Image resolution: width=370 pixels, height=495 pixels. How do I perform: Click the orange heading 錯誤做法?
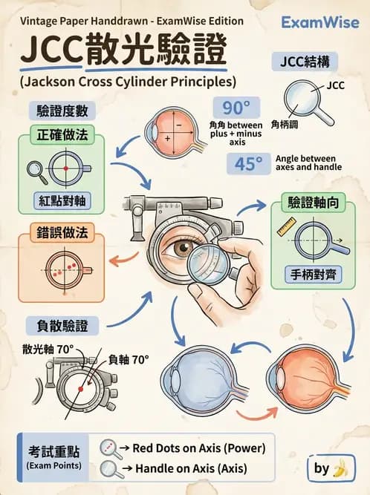tap(59, 233)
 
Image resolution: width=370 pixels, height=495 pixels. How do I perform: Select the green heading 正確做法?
tap(59, 137)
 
